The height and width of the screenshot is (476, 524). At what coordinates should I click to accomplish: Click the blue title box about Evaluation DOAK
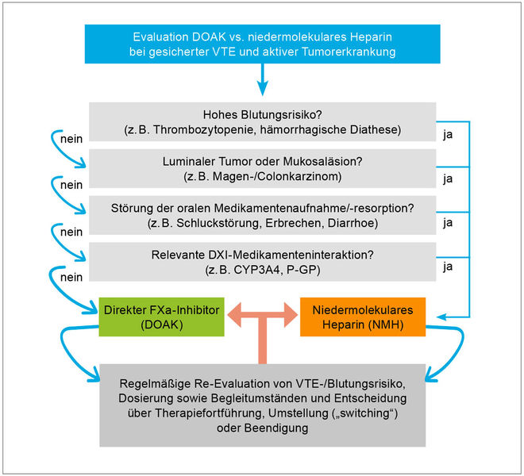tap(262, 44)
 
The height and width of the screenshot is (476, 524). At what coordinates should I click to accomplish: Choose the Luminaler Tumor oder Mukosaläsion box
tap(262, 167)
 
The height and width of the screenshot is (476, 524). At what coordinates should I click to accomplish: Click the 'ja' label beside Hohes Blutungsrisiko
tap(449, 136)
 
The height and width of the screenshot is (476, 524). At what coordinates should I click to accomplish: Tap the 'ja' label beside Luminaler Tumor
tap(449, 178)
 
